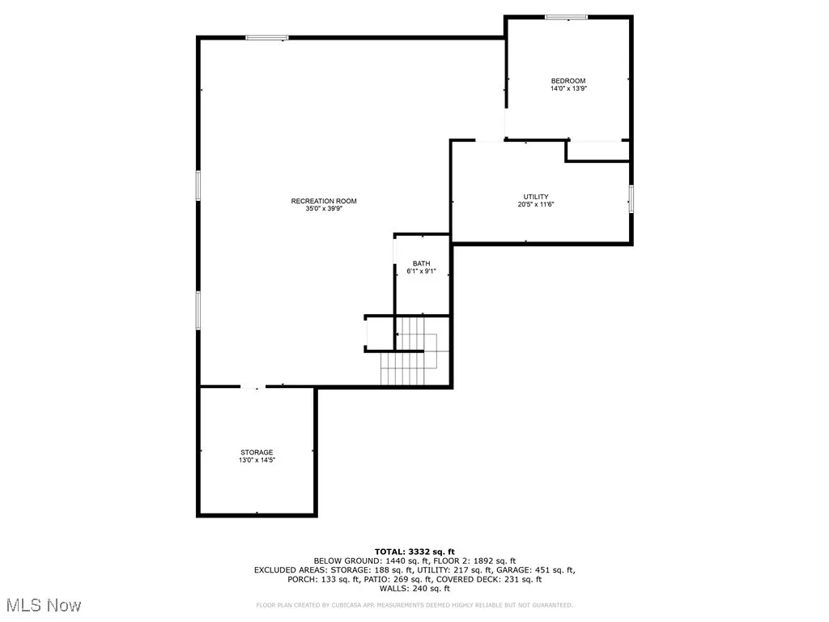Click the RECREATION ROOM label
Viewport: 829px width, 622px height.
coord(324,201)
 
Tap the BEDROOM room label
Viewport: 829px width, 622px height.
coord(568,80)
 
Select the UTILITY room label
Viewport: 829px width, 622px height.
coord(536,197)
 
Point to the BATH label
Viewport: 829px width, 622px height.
coord(421,263)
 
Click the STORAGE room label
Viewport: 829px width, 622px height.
coord(256,452)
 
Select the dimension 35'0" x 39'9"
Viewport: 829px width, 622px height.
coord(324,209)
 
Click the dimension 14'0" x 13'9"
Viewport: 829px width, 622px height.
coord(568,88)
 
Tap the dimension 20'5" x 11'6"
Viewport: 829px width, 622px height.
coord(536,205)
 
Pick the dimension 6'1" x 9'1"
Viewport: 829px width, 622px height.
coord(421,271)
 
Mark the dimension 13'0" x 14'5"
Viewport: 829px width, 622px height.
coord(256,460)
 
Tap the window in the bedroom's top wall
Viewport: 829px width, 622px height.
coord(567,17)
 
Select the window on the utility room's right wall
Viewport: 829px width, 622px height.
coord(631,198)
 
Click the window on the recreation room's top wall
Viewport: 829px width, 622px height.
coord(267,37)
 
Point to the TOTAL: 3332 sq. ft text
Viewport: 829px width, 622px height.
coord(414,551)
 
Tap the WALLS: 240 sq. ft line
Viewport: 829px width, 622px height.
coord(414,589)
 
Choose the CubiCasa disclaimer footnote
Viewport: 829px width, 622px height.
coord(414,605)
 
